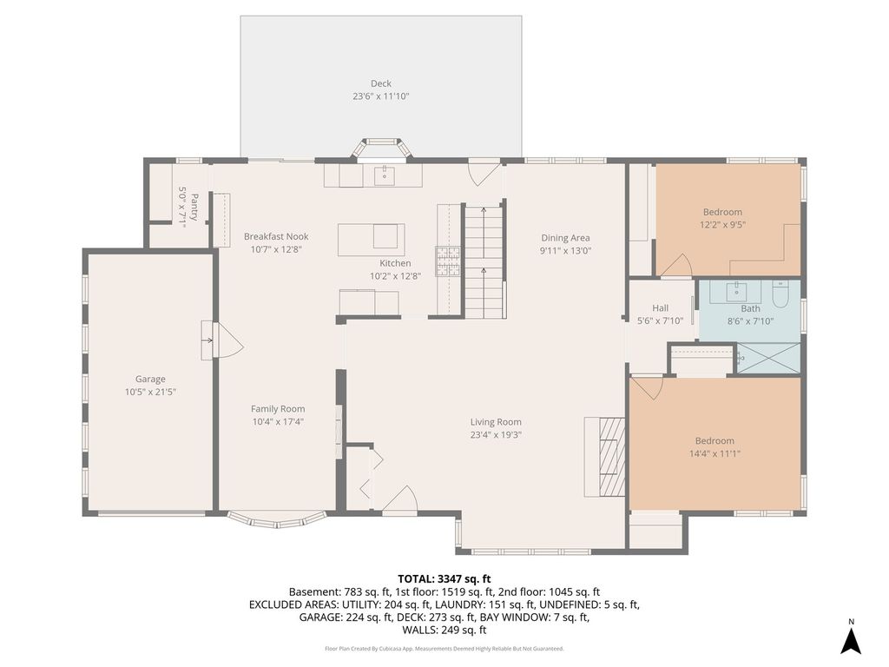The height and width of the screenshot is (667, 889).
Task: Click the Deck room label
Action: (381, 83)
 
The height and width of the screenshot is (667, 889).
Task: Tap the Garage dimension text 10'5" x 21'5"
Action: (151, 392)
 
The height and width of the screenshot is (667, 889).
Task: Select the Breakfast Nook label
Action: (276, 236)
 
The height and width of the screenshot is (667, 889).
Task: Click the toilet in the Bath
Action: (780, 294)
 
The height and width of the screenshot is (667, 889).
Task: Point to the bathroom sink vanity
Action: (736, 292)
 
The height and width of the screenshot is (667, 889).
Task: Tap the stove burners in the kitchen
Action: (448, 261)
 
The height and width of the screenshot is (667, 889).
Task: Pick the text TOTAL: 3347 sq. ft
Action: (444, 579)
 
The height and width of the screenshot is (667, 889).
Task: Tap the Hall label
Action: (660, 308)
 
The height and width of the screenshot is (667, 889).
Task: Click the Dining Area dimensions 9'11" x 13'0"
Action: (565, 251)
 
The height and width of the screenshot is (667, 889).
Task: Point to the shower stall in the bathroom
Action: (768, 358)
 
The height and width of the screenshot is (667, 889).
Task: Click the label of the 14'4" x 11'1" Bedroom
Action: (714, 440)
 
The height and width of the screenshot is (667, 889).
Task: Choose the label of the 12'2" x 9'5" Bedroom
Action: (722, 212)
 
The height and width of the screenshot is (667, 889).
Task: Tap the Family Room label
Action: (278, 409)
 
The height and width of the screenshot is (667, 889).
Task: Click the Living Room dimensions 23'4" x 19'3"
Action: (496, 435)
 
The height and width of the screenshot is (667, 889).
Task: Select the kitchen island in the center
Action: (372, 240)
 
